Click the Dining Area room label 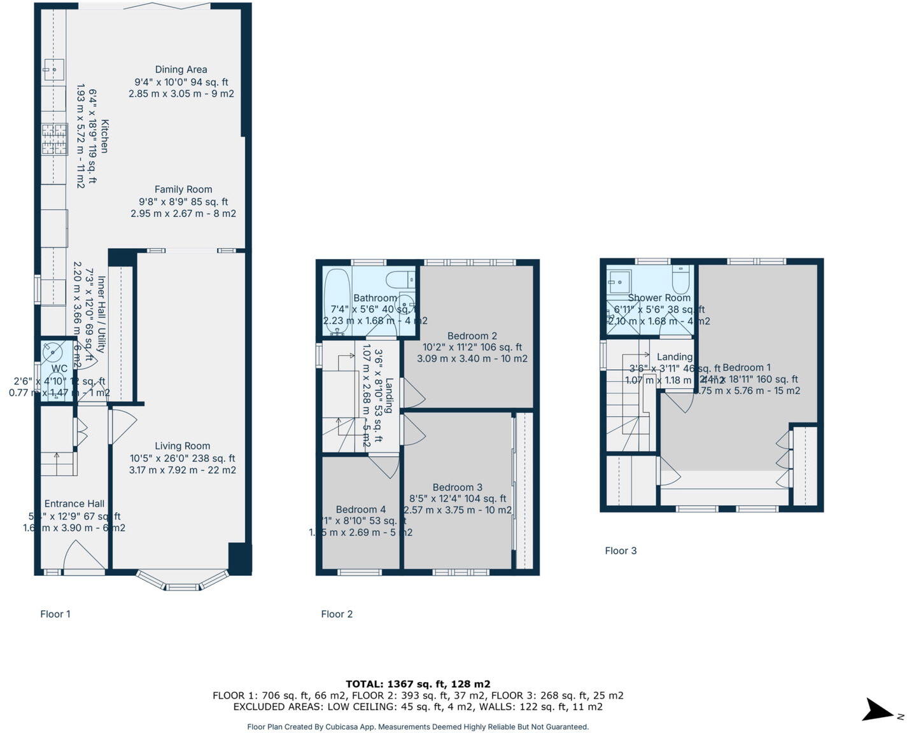click(181, 70)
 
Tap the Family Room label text click(183, 190)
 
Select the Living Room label click(182, 446)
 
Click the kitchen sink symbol click(53, 69)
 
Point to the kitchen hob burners click(54, 140)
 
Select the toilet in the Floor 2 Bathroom click(401, 279)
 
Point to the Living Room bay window click(182, 582)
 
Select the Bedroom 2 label click(472, 336)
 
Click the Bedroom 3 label click(457, 487)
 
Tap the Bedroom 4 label click(360, 510)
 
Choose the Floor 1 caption click(55, 614)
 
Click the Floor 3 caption click(621, 551)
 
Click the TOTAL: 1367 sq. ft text click(418, 684)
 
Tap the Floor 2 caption click(337, 614)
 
